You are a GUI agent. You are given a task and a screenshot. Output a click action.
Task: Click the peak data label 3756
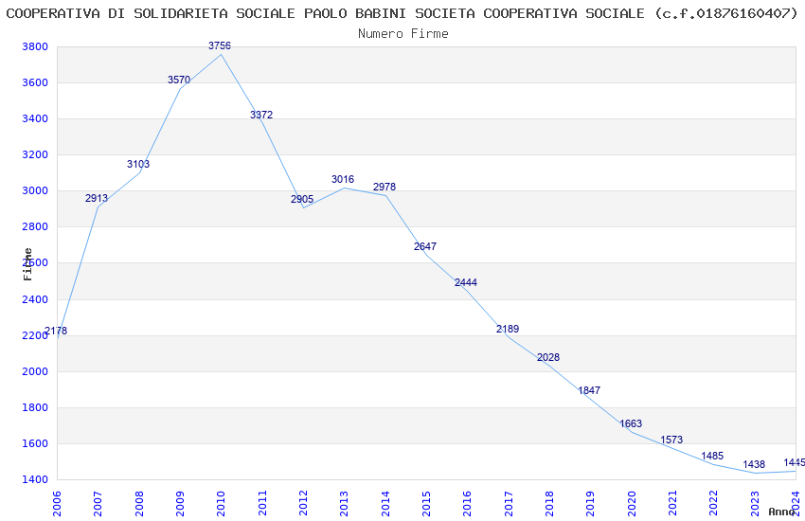click(x=220, y=45)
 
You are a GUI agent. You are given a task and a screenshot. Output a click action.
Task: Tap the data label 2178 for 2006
click(x=56, y=331)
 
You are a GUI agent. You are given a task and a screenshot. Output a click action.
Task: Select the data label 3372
click(x=261, y=115)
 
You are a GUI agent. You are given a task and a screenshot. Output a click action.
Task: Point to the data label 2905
click(x=302, y=199)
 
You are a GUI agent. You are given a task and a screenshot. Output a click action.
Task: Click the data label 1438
click(x=754, y=464)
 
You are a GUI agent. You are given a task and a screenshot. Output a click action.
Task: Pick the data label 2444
click(x=466, y=282)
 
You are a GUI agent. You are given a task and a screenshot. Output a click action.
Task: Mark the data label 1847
click(x=589, y=390)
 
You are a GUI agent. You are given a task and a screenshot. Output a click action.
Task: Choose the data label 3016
click(x=343, y=179)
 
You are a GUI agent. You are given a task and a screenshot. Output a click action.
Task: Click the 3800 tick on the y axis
click(x=34, y=47)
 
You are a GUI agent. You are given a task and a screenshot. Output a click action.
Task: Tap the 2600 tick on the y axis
click(x=34, y=263)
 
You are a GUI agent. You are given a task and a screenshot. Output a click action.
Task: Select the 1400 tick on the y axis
click(x=34, y=480)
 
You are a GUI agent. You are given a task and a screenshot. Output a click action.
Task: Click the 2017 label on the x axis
click(x=509, y=502)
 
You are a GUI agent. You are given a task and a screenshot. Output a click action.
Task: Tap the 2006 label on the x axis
click(x=58, y=502)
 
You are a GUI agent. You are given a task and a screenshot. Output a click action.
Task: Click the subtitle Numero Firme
click(x=402, y=33)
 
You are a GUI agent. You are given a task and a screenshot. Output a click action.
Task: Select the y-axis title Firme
click(x=27, y=263)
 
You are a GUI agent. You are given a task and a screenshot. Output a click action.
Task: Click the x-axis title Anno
click(x=781, y=512)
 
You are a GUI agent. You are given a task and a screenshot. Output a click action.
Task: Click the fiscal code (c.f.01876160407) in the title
click(x=725, y=13)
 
